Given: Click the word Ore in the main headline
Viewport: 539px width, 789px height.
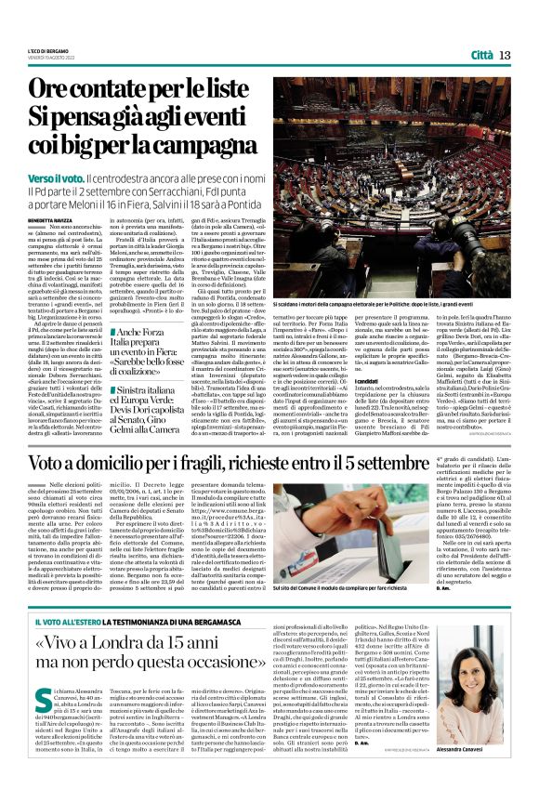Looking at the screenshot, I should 57,91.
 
